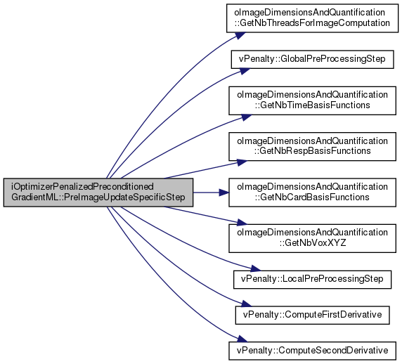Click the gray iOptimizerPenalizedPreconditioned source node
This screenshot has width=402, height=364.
tap(98, 193)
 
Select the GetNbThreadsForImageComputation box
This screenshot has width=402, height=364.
tap(312, 18)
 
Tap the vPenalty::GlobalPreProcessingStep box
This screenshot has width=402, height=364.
tap(312, 59)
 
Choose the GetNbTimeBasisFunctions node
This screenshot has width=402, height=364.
tap(312, 100)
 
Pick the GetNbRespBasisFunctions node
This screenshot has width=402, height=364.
tap(312, 147)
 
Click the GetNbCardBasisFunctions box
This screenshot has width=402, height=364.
tap(312, 193)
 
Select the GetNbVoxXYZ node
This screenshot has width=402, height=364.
tap(312, 238)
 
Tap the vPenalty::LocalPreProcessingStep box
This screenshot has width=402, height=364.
tap(312, 280)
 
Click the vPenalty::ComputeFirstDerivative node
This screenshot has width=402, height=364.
tap(312, 315)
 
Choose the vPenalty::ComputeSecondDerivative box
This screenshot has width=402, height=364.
tap(312, 351)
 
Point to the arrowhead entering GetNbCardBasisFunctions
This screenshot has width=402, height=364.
tap(223, 193)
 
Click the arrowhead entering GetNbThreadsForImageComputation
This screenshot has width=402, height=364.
tap(240, 35)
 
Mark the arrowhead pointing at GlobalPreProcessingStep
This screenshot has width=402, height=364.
tap(245, 71)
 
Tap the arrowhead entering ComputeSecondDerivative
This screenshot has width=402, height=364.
tap(242, 339)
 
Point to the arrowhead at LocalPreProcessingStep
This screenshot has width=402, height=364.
tap(255, 268)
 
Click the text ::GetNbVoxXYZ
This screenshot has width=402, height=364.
tap(313, 242)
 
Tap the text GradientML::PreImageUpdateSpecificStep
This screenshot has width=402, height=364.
tap(98, 197)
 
